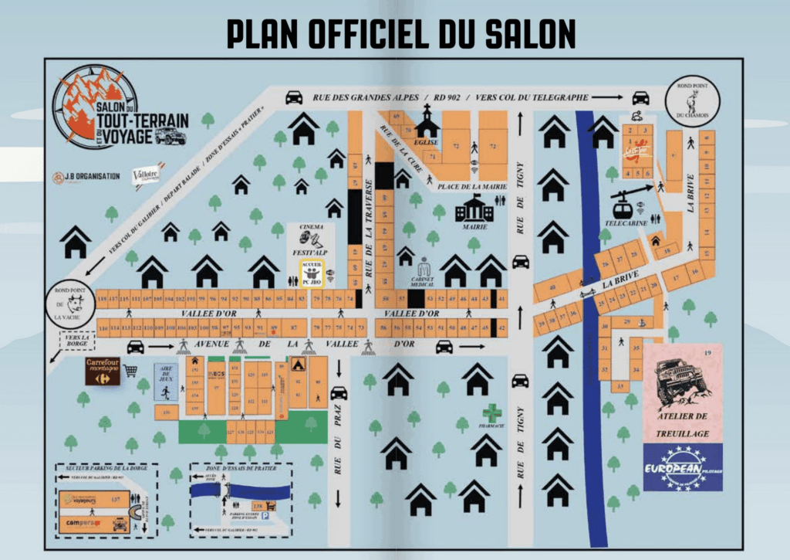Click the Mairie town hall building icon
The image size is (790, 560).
point(474,208)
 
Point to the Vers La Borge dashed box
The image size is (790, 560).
point(76,340)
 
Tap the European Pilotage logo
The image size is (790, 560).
point(683,467)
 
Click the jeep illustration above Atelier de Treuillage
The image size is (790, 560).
point(682,379)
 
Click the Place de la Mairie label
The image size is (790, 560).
point(471,186)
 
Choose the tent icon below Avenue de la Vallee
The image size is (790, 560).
point(298,364)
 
